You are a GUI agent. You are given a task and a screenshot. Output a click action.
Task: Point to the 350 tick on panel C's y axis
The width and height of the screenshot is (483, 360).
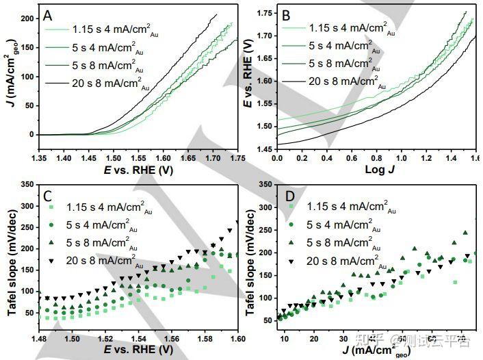[x=25, y=185]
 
